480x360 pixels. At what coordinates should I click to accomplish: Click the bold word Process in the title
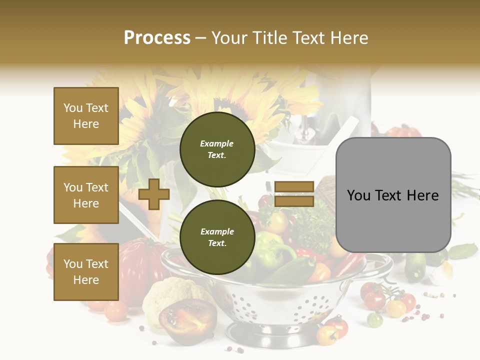pyautogui.click(x=157, y=38)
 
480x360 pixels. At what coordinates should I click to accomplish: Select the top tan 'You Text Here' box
pyautogui.click(x=86, y=116)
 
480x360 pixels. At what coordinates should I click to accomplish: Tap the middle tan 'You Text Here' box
pyautogui.click(x=86, y=195)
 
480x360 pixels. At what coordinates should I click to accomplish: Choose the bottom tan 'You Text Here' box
pyautogui.click(x=86, y=272)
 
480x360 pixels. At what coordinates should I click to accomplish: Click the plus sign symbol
pyautogui.click(x=154, y=194)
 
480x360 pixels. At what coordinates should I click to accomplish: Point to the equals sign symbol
pyautogui.click(x=294, y=194)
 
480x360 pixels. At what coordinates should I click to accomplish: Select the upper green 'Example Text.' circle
pyautogui.click(x=217, y=149)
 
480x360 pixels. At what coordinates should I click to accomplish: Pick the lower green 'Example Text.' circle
pyautogui.click(x=217, y=237)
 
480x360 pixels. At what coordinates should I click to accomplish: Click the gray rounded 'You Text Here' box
pyautogui.click(x=393, y=195)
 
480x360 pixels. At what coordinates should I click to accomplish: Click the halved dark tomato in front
pyautogui.click(x=187, y=317)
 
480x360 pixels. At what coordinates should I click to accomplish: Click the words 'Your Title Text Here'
pyautogui.click(x=290, y=38)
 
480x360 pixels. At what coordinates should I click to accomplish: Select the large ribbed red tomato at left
pyautogui.click(x=137, y=265)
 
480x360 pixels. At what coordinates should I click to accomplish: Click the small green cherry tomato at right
pyautogui.click(x=374, y=319)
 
